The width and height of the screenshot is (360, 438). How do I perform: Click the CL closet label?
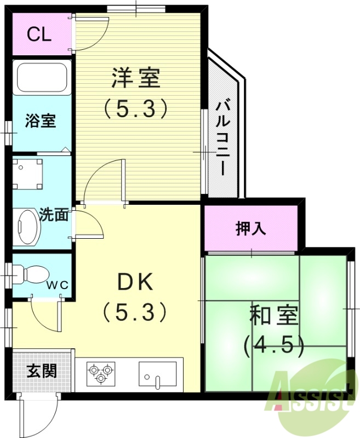39,34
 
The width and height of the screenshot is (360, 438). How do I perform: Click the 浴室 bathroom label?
41,121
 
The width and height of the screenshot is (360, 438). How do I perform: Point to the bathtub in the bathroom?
42,77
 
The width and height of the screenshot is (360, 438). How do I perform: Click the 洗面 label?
54,215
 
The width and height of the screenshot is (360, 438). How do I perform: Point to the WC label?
56,285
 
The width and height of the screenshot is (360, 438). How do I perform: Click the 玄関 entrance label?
41,371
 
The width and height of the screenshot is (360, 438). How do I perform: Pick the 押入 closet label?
251,229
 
